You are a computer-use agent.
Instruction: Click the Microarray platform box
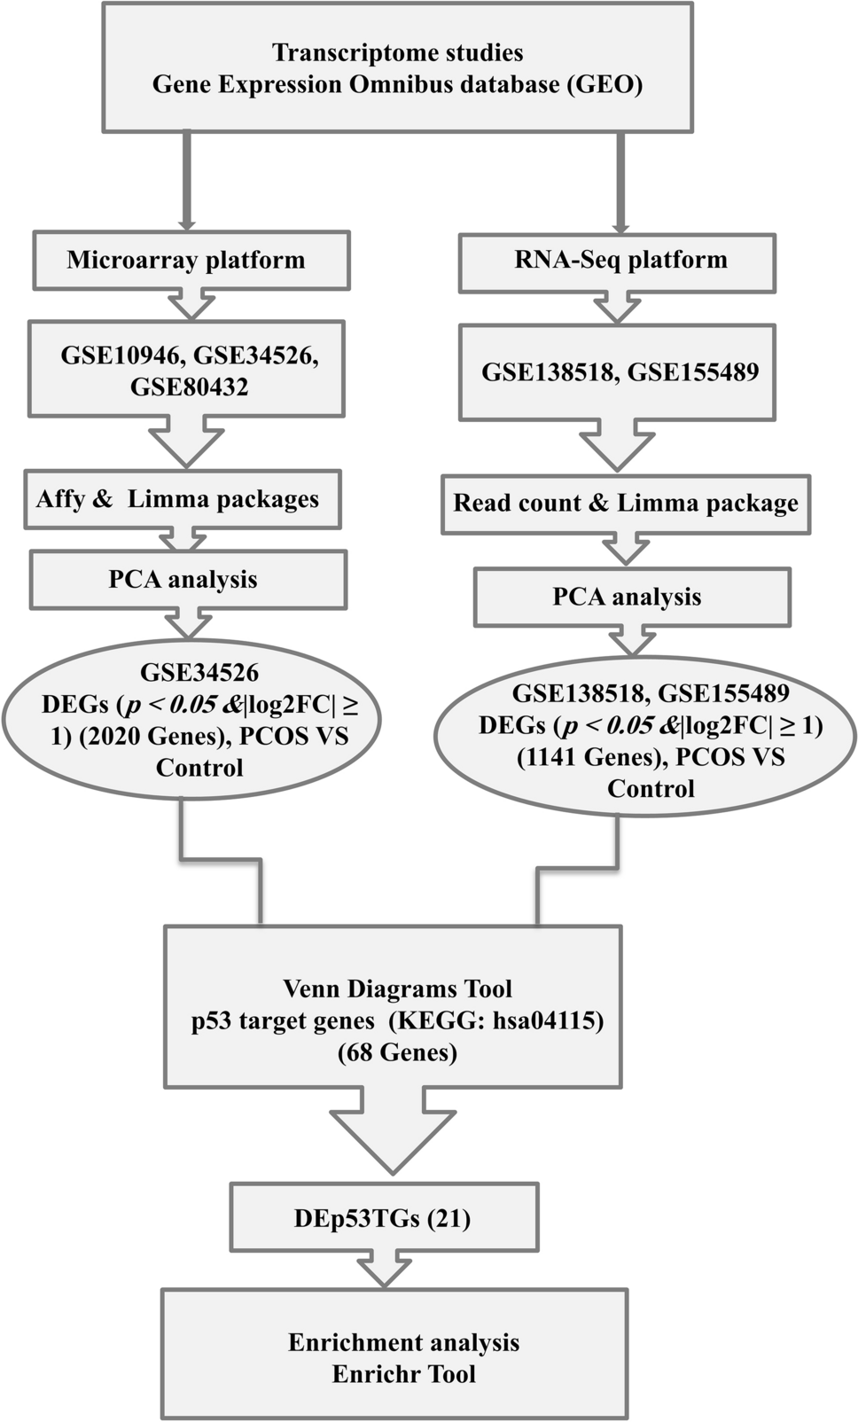[191, 261]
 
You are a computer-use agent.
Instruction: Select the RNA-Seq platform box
[617, 262]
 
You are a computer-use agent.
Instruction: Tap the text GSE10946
[123, 355]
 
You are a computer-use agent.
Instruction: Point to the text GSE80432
[189, 387]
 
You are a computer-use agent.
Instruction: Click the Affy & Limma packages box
[182, 499]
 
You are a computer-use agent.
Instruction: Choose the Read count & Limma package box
[626, 504]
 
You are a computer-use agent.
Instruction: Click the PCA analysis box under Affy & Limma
[188, 580]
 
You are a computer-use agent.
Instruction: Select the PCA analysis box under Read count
[632, 598]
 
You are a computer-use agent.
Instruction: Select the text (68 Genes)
[397, 1053]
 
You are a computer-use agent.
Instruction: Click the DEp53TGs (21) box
[383, 1219]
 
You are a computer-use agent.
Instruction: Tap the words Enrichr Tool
[403, 1374]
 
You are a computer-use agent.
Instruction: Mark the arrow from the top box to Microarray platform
[186, 182]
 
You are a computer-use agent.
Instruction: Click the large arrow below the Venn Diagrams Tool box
[393, 1130]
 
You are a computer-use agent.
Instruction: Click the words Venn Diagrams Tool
[397, 989]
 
